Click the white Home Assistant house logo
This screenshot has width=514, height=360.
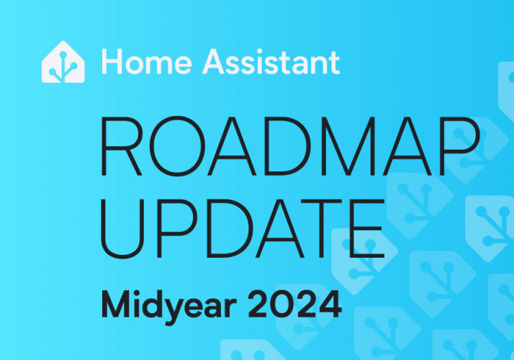point(63,62)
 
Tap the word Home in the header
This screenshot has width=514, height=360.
point(147,62)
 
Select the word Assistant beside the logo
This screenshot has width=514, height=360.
point(271,62)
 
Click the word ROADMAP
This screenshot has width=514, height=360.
point(289,146)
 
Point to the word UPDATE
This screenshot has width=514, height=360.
point(243,228)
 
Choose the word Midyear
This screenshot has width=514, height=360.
point(169,305)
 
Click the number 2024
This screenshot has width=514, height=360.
point(294,305)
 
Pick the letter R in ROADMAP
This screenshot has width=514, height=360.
point(122,146)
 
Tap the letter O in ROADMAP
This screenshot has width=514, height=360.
point(177,146)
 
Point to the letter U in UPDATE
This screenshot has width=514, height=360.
point(122,229)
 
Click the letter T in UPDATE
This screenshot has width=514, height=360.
point(322,228)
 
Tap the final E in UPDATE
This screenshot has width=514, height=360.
point(367,228)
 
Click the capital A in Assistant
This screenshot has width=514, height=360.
point(215,62)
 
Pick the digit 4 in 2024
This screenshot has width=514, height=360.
point(330,305)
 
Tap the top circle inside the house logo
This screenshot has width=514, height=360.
point(63,55)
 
